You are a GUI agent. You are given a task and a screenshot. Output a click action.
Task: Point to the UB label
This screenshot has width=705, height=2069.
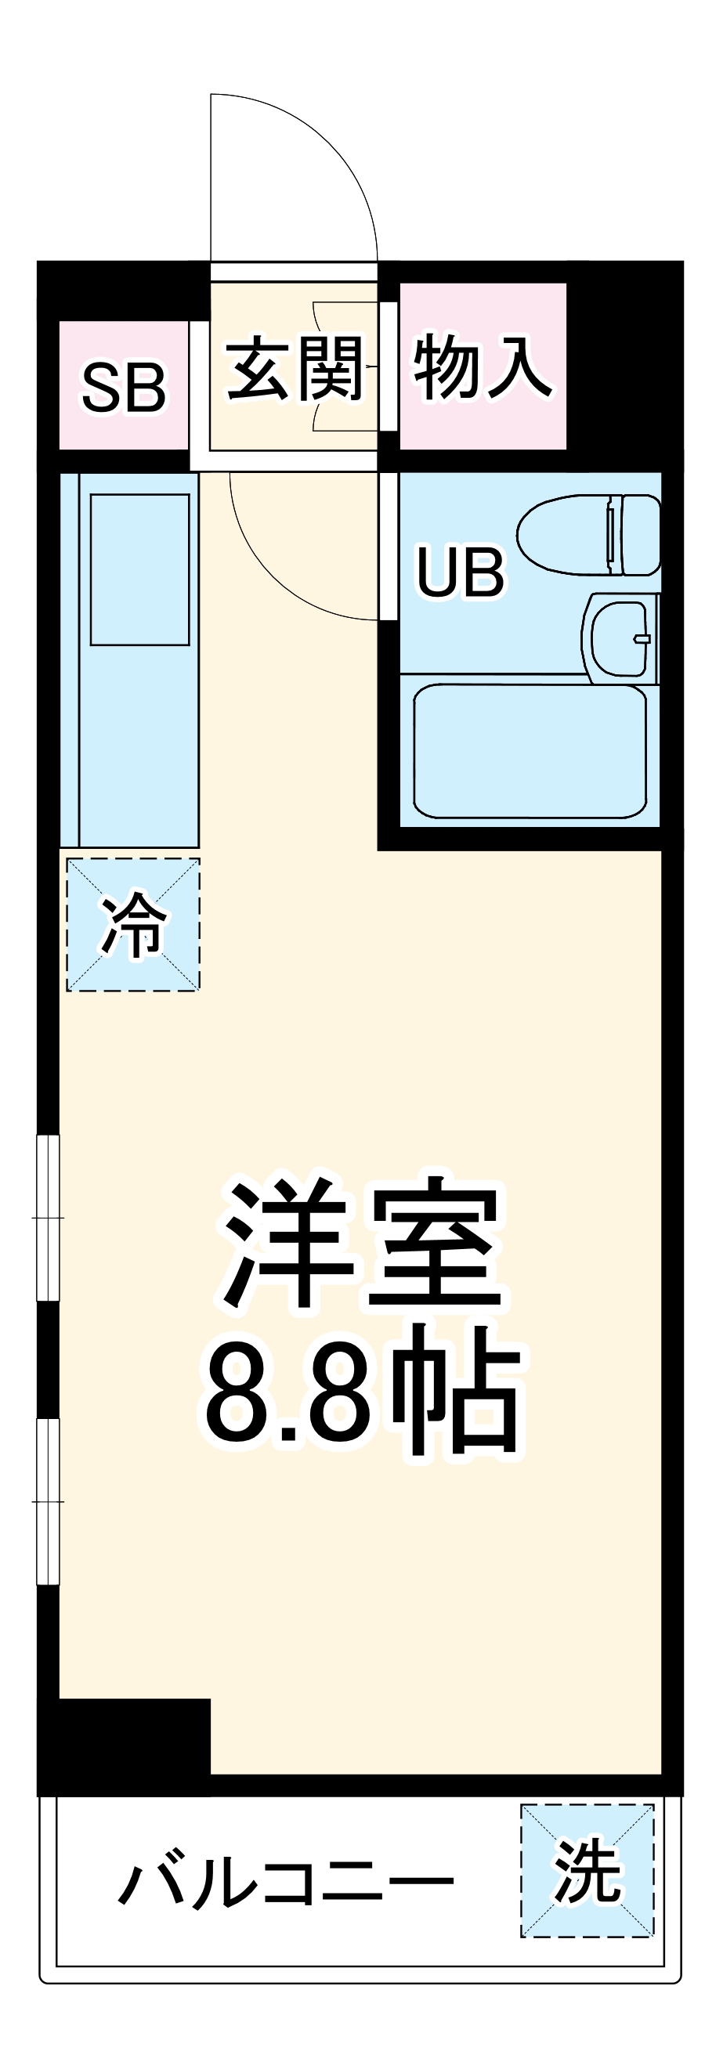tap(460, 571)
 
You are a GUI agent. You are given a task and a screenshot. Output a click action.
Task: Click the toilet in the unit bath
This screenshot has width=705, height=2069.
tap(588, 534)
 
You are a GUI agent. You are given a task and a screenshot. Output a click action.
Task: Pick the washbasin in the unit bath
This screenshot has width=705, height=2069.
tap(620, 637)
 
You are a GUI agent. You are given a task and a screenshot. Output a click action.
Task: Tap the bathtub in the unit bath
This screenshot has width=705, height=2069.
tap(530, 750)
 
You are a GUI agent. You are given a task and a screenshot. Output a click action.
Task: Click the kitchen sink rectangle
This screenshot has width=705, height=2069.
tap(139, 569)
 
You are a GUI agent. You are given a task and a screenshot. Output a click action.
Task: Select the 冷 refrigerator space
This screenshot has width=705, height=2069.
tap(132, 923)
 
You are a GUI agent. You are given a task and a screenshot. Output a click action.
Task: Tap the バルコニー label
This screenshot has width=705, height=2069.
tap(285, 1881)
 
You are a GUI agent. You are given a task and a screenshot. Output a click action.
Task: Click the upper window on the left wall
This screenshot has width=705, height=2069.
tap(49, 1217)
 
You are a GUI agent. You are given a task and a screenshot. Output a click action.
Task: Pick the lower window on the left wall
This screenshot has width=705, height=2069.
tap(49, 1500)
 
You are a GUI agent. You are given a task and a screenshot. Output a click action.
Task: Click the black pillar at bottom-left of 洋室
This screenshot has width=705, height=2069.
tap(125, 1745)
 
